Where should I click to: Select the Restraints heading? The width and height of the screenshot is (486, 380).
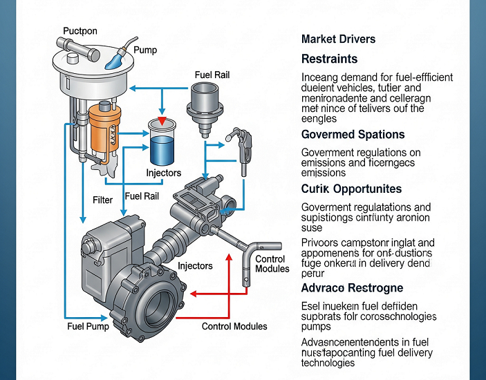[329, 59]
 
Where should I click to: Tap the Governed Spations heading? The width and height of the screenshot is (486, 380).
[353, 134]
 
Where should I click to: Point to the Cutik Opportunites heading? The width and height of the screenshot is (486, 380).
[351, 189]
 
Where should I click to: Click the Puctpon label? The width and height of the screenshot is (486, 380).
[80, 31]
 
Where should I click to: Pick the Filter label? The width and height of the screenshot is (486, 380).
[102, 200]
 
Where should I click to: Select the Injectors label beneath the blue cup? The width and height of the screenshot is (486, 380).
[163, 173]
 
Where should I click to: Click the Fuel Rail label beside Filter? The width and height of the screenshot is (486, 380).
[142, 196]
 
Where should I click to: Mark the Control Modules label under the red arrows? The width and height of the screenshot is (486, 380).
[234, 325]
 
